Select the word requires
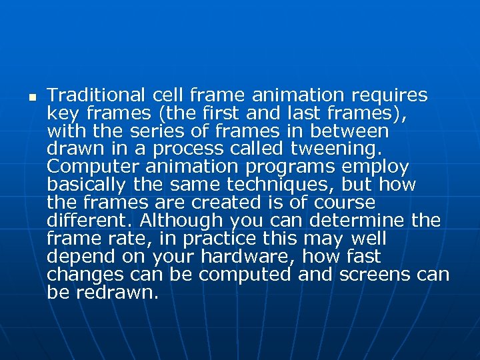(x=392, y=95)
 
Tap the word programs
(x=289, y=167)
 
